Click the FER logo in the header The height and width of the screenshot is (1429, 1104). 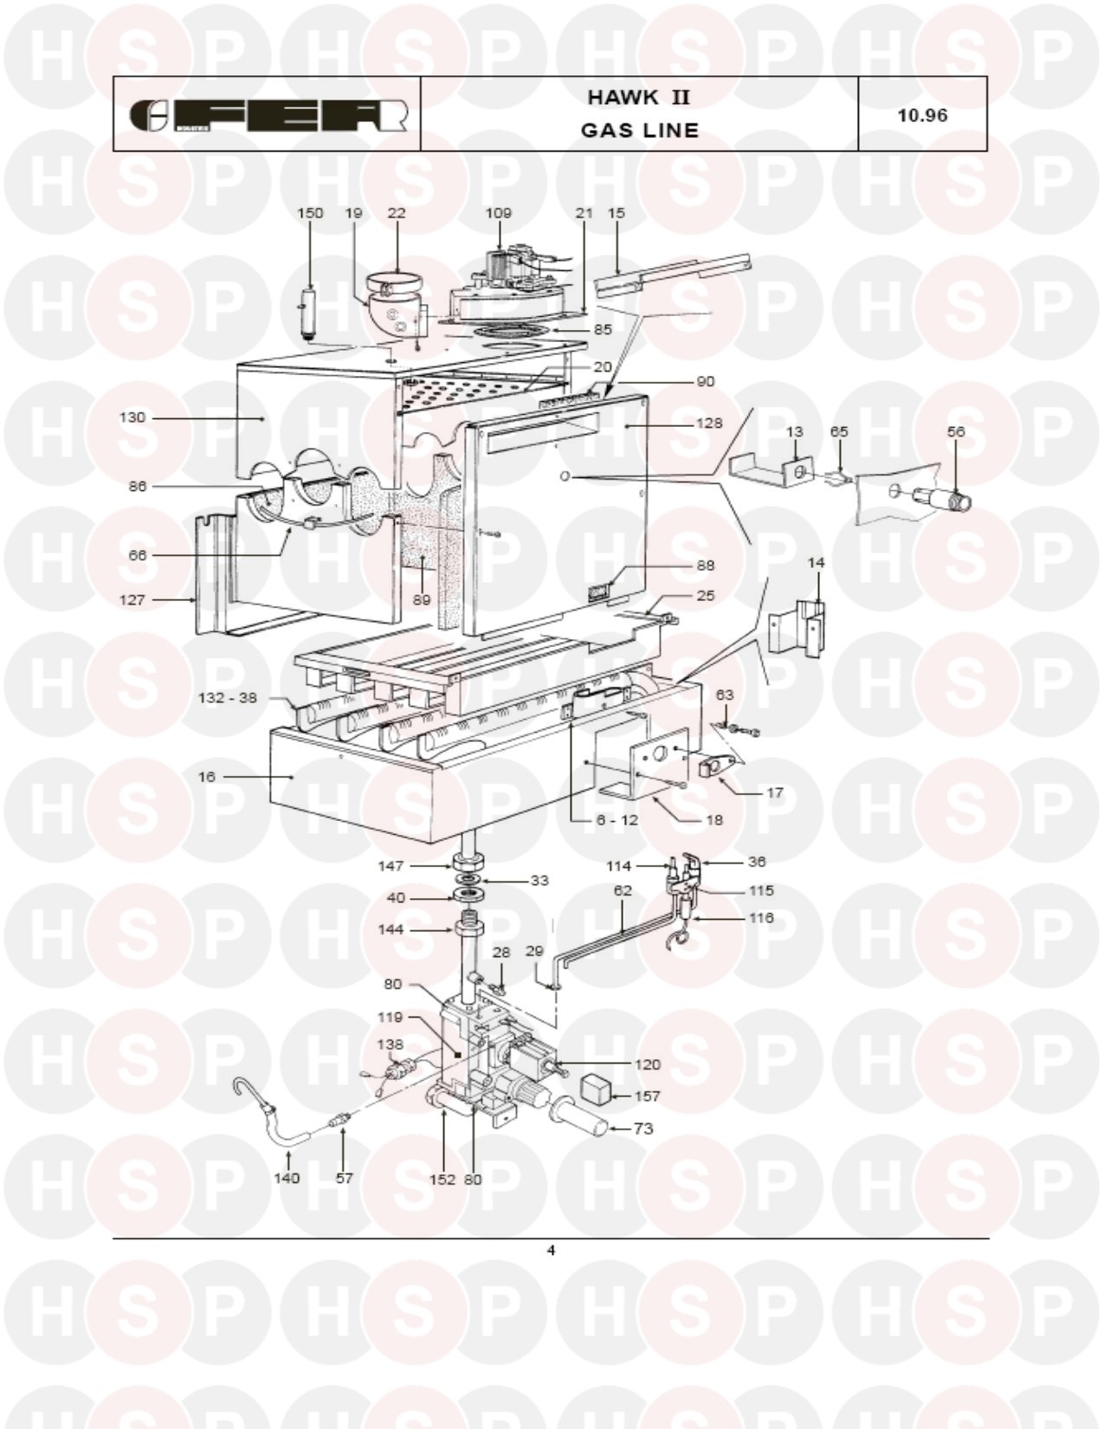[268, 116]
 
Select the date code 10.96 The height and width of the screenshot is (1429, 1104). [922, 115]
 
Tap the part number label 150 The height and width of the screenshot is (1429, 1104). [310, 213]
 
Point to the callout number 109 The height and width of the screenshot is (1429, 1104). [499, 213]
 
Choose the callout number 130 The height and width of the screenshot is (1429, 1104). [132, 417]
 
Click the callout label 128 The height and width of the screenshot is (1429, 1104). [709, 423]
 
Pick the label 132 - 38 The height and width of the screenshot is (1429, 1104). [228, 698]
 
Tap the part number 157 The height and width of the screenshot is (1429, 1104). [647, 1096]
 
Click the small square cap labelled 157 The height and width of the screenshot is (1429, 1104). [596, 1089]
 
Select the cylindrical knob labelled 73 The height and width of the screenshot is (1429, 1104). [581, 1117]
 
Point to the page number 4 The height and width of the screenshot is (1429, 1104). [551, 1250]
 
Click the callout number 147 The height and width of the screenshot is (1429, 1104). [391, 866]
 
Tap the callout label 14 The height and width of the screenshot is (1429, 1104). [816, 563]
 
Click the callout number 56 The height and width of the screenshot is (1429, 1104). [955, 431]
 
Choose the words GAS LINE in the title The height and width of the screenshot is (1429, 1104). [640, 130]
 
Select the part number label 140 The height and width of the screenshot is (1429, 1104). [287, 1178]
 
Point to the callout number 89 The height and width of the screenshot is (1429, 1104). [422, 599]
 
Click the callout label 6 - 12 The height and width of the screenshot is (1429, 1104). [617, 820]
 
